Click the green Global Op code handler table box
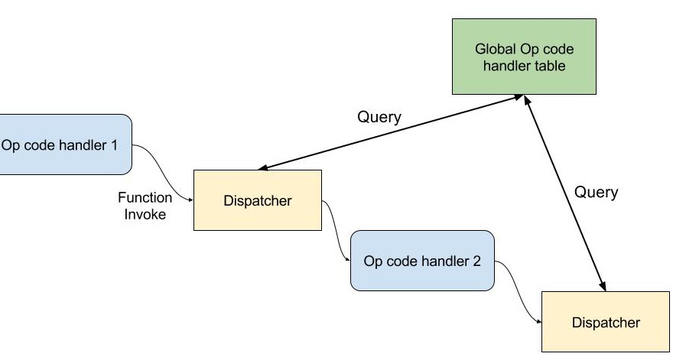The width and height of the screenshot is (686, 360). (524, 58)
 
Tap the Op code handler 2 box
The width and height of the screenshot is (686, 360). (422, 261)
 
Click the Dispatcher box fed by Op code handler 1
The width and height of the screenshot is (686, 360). (257, 201)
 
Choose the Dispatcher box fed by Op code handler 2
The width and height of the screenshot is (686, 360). (605, 322)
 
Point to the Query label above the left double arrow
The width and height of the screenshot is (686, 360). (379, 117)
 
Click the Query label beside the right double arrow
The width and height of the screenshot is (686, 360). (596, 192)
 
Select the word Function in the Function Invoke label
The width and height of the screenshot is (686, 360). (145, 197)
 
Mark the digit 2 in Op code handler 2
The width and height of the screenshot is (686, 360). (476, 261)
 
